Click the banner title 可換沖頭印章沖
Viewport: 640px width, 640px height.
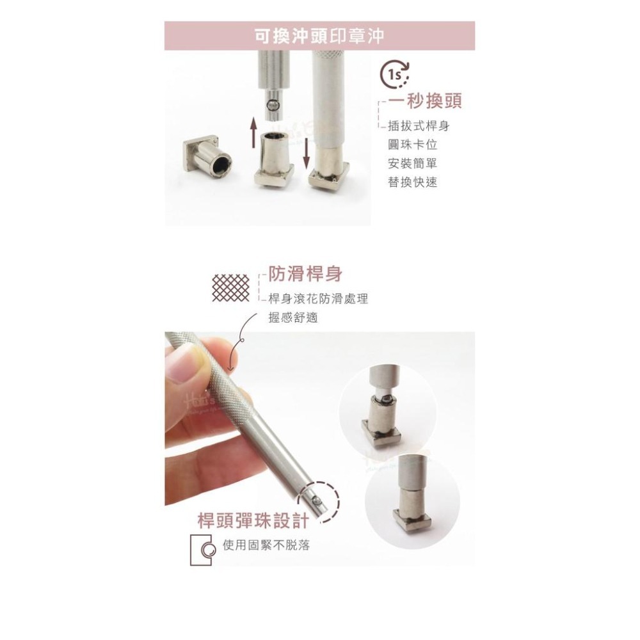[x=319, y=35]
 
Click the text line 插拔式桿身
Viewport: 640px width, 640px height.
[x=419, y=126]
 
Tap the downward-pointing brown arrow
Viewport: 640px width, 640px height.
[x=307, y=153]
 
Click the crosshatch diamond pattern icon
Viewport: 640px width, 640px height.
[x=230, y=287]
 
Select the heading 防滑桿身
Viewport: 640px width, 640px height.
[x=305, y=275]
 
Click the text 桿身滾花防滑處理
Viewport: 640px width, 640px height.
[x=318, y=299]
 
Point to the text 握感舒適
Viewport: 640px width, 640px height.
[x=292, y=317]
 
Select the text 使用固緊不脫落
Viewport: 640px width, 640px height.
[x=266, y=547]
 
